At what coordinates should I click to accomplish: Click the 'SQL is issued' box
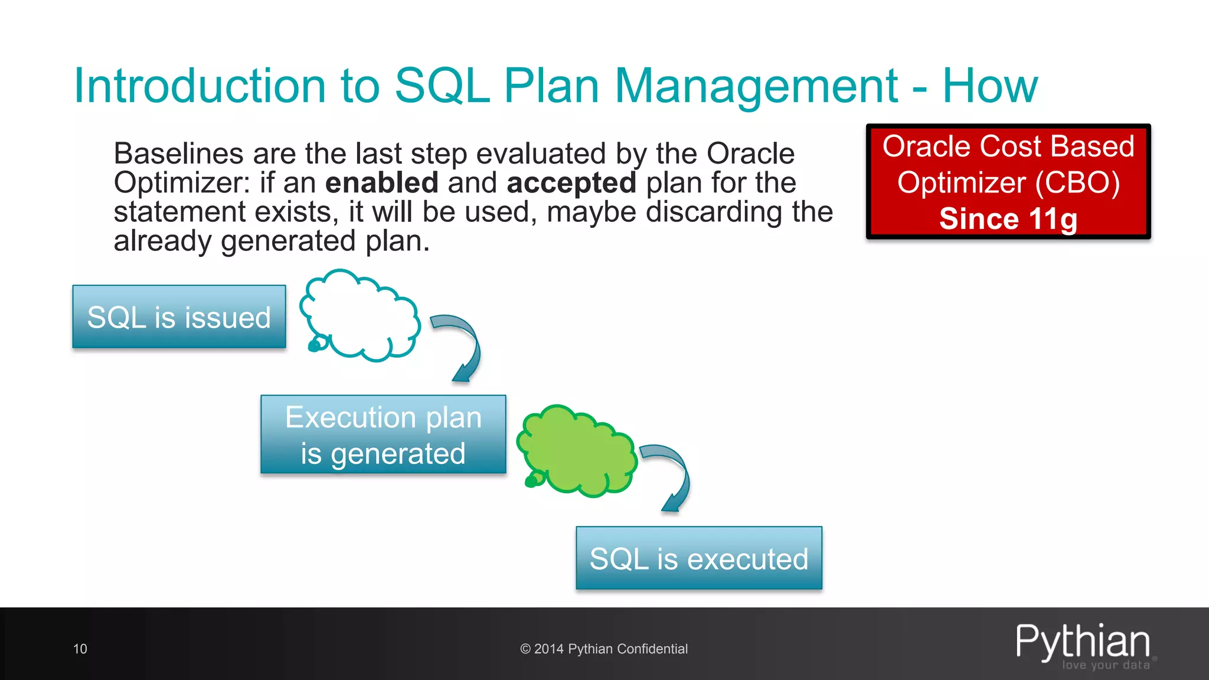(x=179, y=317)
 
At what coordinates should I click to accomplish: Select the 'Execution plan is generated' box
(x=383, y=435)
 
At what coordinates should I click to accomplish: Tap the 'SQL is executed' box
(x=699, y=558)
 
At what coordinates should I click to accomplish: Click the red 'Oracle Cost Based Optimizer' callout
(x=1008, y=181)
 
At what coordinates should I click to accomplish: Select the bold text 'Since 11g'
(x=1008, y=219)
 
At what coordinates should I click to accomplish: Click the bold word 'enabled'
(x=381, y=183)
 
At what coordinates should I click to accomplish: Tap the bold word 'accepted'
(x=571, y=183)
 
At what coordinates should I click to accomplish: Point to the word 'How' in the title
(x=989, y=86)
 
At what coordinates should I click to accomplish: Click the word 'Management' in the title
(x=756, y=86)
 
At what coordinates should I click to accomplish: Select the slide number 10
(x=80, y=649)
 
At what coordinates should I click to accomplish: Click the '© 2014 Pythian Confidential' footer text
(x=604, y=649)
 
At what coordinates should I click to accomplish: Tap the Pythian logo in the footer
(x=1083, y=641)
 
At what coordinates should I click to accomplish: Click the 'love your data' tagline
(x=1106, y=665)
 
